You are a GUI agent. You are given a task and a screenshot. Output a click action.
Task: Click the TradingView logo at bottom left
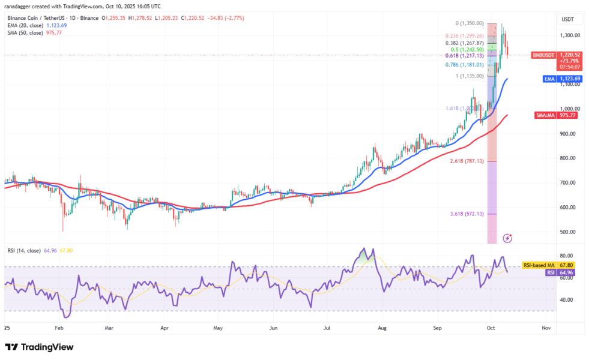[39, 347]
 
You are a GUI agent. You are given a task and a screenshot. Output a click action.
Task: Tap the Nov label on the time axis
[546, 329]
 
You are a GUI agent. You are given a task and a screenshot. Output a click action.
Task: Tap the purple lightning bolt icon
[507, 238]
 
